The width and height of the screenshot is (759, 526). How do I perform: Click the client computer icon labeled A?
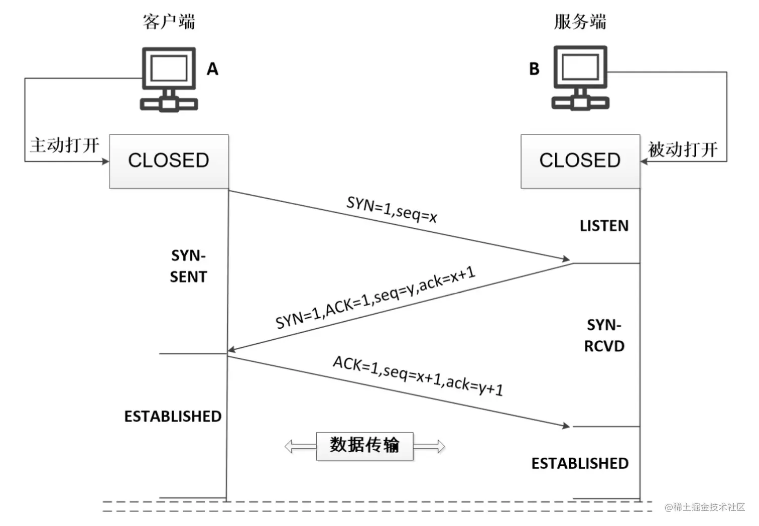coord(169,78)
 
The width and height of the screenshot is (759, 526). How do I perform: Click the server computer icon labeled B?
coord(580,77)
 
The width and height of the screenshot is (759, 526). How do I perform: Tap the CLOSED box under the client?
coord(169,161)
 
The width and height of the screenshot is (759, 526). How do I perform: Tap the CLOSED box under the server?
coord(580,161)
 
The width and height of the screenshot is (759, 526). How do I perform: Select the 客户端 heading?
coord(169,22)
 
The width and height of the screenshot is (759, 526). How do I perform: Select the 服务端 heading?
coord(580,22)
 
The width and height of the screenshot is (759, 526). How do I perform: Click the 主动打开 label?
coord(65,145)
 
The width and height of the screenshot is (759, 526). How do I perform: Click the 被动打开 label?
coord(683,149)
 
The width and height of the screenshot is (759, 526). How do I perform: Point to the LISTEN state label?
coord(604,226)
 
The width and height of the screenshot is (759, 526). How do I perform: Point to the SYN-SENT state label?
coord(188,266)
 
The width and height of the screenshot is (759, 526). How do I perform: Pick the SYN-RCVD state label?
coord(604,335)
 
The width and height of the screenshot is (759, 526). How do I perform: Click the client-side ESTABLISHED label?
coord(173,416)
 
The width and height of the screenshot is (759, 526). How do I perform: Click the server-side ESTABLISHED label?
coord(580,463)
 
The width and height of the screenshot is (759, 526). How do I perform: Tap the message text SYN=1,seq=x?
coord(392,209)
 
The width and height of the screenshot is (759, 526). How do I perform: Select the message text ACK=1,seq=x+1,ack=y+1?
coord(418,375)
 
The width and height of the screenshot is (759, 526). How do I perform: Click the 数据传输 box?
coord(364,446)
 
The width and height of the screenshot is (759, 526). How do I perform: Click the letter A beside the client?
coord(212,69)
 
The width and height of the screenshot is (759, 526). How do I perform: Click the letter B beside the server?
coord(534,69)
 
